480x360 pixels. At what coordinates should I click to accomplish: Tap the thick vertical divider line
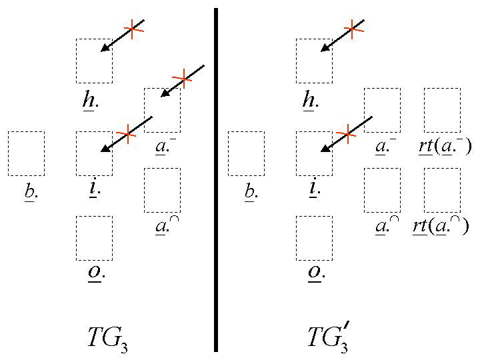pos(215,180)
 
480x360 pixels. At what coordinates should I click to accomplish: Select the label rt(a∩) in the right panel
pos(441,226)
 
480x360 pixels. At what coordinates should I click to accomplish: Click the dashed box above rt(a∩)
pos(442,189)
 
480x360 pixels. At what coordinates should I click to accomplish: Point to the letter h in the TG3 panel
pos(88,100)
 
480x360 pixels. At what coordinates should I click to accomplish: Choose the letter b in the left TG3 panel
pos(29,192)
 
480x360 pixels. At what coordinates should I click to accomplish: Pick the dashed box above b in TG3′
pos(246,153)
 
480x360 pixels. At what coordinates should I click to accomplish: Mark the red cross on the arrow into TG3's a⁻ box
pos(181,79)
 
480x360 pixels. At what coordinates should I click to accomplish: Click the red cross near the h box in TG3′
pos(353,29)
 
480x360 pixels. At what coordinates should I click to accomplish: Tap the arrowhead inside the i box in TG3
pos(105,149)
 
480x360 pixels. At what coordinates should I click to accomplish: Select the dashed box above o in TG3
pos(94,237)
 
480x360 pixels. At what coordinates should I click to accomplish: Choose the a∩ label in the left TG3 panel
pos(162,227)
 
